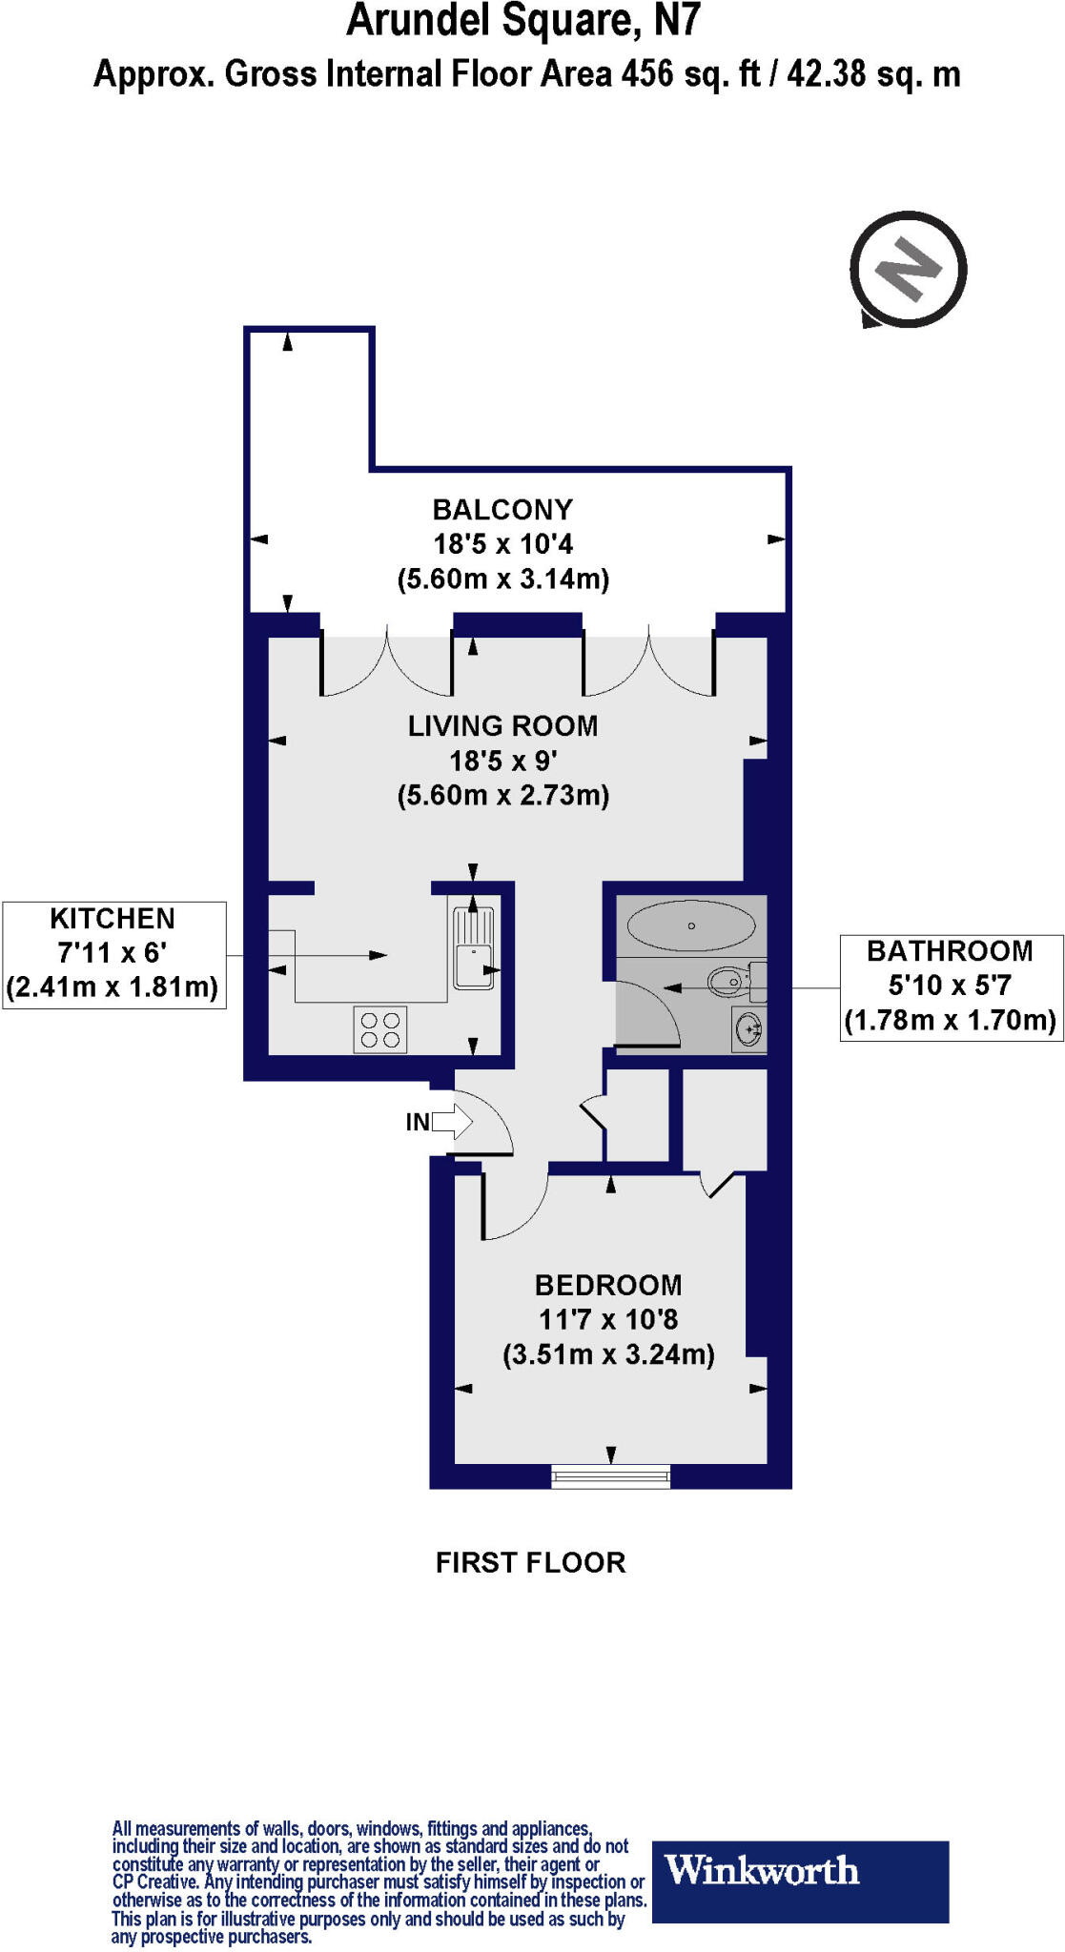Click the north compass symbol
[908, 270]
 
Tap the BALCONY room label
[502, 510]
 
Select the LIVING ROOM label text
[502, 726]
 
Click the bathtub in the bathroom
[691, 925]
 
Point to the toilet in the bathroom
[731, 979]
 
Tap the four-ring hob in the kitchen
[380, 1029]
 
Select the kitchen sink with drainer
[473, 946]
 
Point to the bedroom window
[610, 1478]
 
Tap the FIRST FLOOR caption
[530, 1562]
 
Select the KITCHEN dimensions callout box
[113, 954]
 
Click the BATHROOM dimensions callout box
[951, 986]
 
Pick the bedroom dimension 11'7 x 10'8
[608, 1320]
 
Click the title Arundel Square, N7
[523, 21]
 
